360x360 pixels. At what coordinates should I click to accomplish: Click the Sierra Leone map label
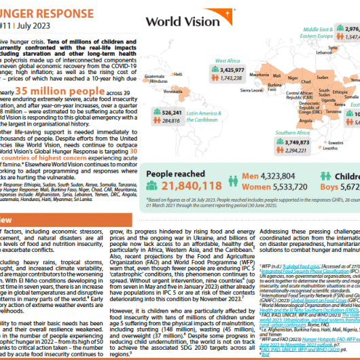[250, 89]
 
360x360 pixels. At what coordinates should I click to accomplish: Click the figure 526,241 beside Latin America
[177, 111]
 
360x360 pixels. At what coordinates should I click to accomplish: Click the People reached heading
[176, 174]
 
